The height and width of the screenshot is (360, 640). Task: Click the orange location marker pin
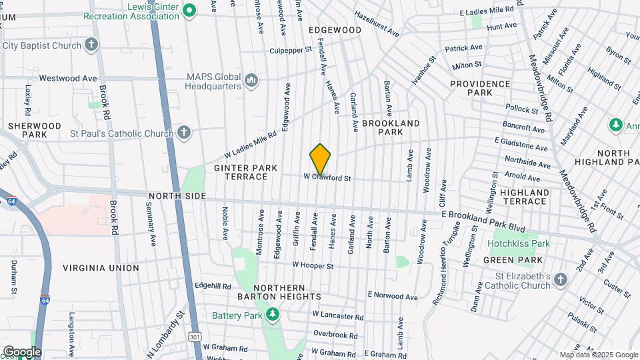coord(321,159)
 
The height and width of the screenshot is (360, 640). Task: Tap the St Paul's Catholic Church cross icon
coord(185,133)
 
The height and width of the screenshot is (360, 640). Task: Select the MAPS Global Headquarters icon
coord(251,81)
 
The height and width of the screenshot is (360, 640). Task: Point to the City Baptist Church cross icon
coord(92,45)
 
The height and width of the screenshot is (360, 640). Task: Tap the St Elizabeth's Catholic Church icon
coord(561,280)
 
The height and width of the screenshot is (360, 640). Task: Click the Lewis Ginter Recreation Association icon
coord(189,10)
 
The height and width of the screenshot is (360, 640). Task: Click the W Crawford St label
coord(327,177)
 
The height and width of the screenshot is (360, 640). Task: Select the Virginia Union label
coord(101,268)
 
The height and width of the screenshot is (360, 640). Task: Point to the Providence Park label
coord(480,88)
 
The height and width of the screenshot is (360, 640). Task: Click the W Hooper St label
coord(313,265)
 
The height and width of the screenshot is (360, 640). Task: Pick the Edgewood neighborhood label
coord(335,30)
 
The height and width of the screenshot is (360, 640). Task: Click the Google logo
coord(22,351)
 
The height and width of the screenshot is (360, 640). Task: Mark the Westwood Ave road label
coord(68,78)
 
